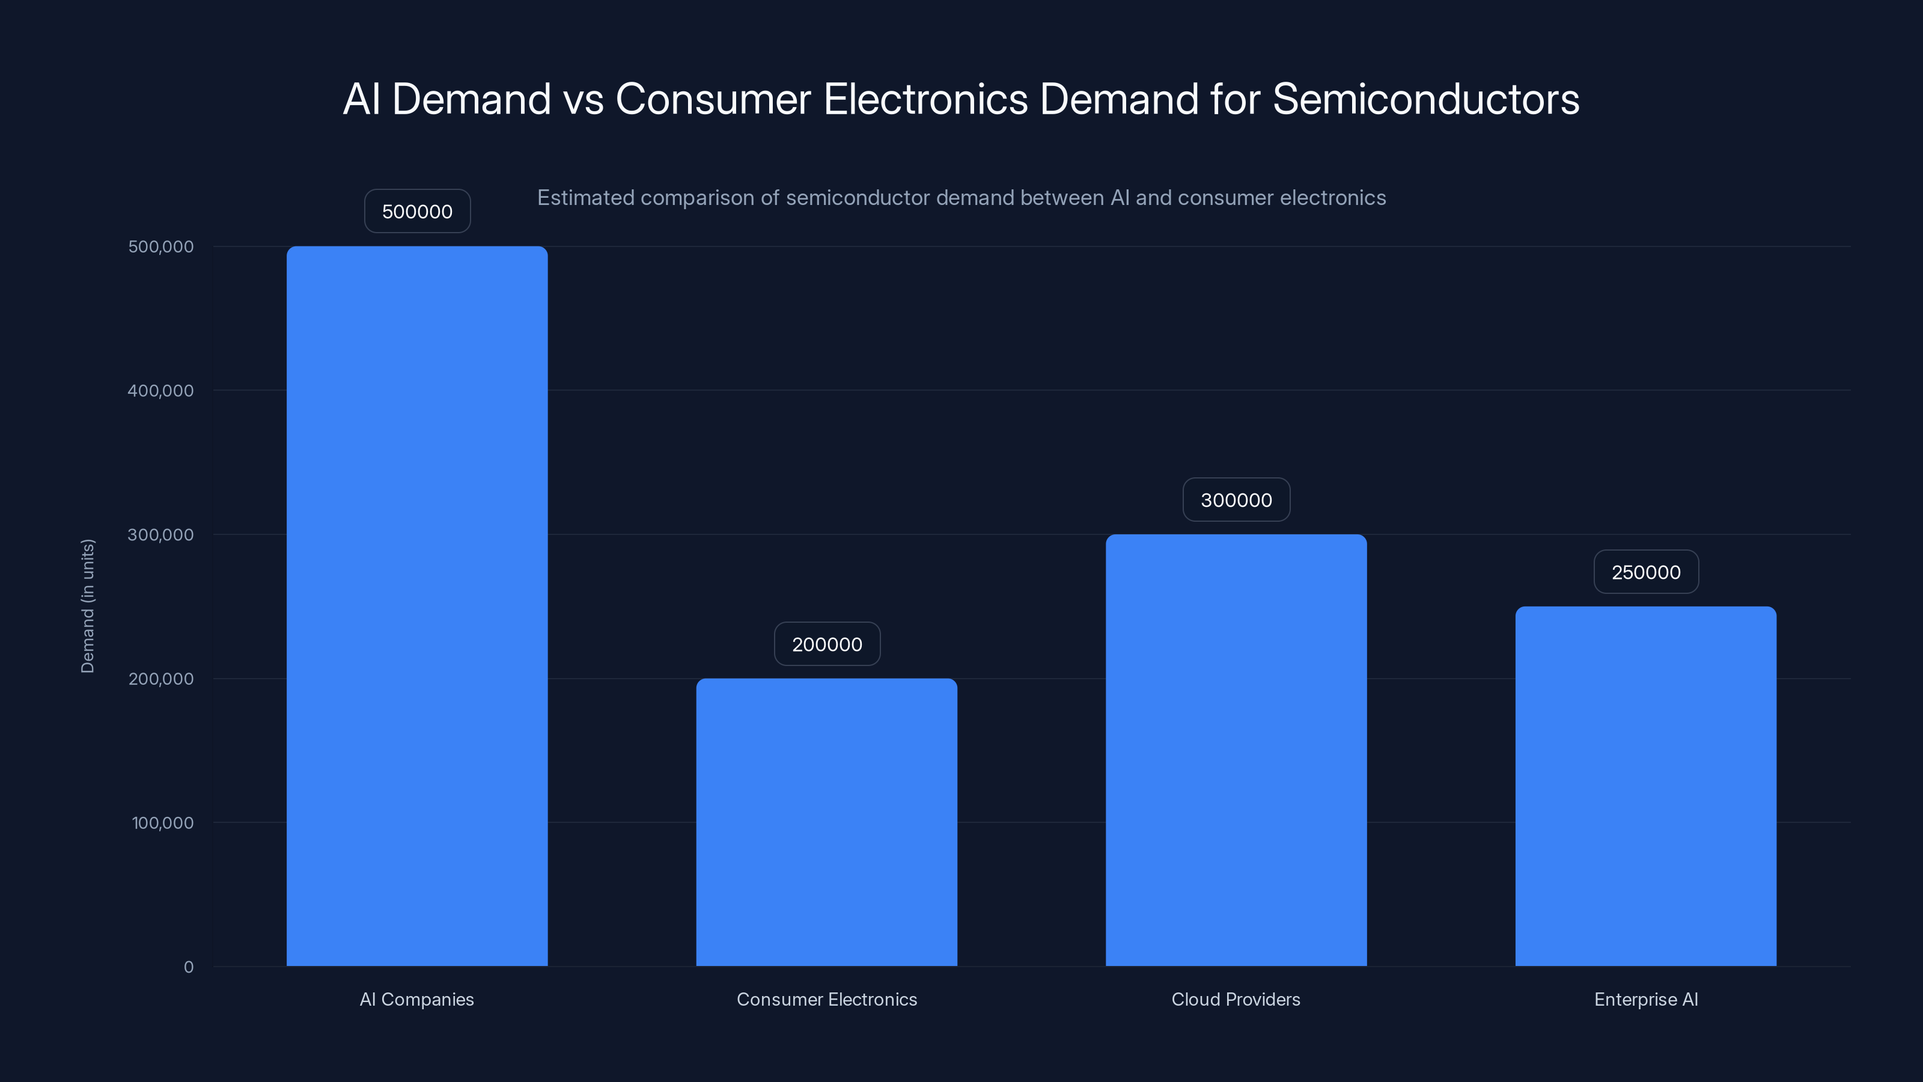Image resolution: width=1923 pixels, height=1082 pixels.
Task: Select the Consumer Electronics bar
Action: coord(826,822)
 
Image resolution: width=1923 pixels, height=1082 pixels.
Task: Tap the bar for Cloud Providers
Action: coord(1236,750)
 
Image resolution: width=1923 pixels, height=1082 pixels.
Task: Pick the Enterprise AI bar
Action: coord(1645,786)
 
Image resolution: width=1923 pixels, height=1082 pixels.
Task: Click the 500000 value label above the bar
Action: coord(416,212)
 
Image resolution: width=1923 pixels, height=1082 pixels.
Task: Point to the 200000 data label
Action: coord(826,644)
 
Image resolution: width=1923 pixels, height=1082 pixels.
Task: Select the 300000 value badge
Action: coord(1236,500)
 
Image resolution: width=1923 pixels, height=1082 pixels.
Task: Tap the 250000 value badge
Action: coord(1645,572)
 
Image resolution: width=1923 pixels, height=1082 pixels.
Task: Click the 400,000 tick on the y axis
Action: coord(160,391)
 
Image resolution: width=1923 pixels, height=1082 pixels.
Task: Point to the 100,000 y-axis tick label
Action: coord(162,823)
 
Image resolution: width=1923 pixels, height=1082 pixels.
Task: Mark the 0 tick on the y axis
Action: coord(188,967)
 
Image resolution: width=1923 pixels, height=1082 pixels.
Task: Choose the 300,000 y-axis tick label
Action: coord(160,534)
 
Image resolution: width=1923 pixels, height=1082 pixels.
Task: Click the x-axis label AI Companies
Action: coord(416,999)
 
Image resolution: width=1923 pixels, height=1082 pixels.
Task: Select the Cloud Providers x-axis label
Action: coord(1236,999)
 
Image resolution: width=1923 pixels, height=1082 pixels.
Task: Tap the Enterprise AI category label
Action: coord(1645,999)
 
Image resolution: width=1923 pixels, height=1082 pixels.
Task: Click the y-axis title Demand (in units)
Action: coord(87,605)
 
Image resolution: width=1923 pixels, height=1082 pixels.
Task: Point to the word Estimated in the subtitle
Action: coord(585,198)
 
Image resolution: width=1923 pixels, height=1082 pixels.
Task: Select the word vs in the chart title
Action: coord(583,99)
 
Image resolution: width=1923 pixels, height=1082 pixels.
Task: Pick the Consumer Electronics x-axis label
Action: coord(826,999)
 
